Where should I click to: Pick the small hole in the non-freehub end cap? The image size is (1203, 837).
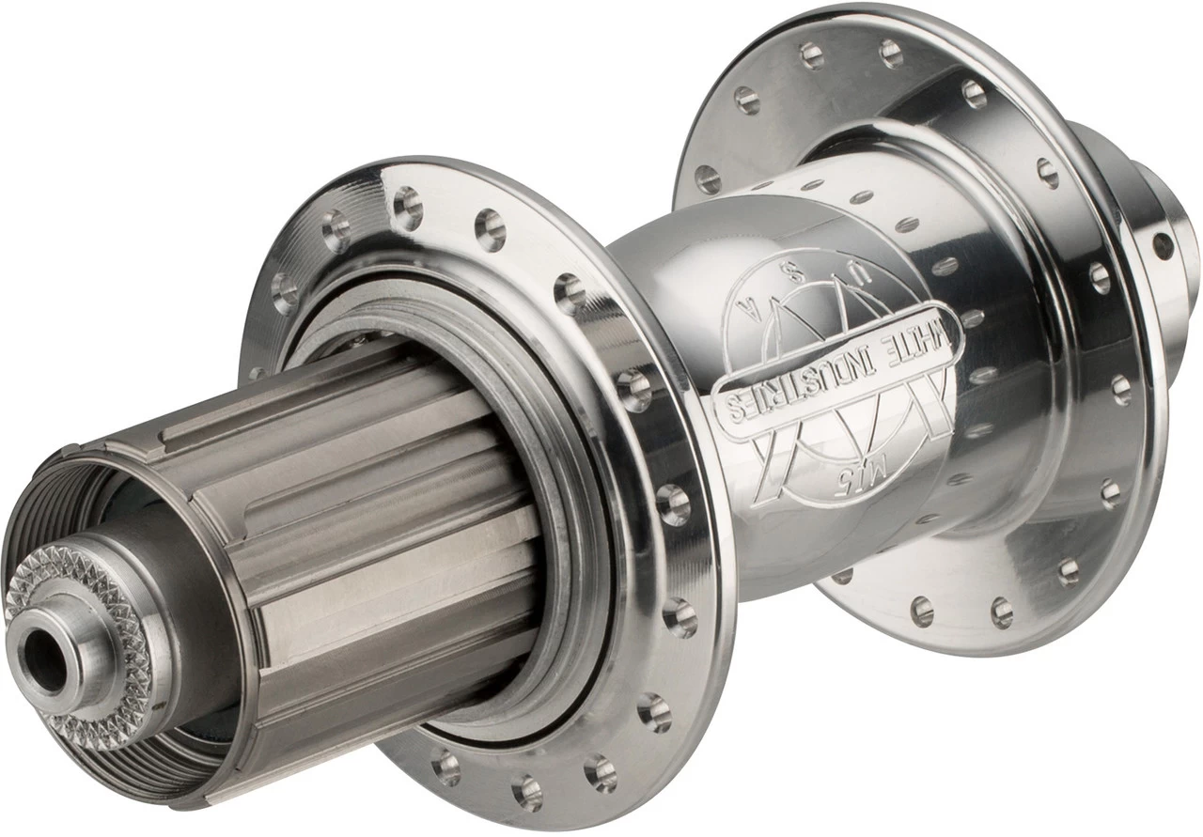[x=1163, y=247]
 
